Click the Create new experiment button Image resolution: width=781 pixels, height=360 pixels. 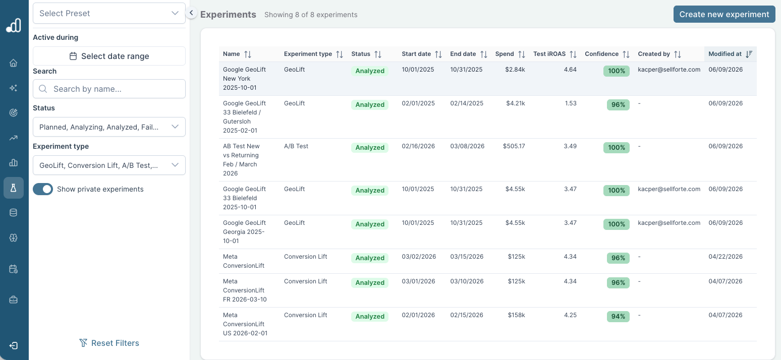coord(724,14)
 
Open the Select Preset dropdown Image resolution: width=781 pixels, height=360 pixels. coord(109,13)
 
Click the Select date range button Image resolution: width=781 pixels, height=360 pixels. coord(109,56)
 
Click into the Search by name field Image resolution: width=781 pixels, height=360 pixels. coord(109,89)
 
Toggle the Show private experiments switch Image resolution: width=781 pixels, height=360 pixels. coord(43,189)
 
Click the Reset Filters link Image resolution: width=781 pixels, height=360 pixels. coord(109,343)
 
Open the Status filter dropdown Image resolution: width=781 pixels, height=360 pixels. coord(109,127)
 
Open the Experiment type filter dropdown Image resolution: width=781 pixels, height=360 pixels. coord(109,165)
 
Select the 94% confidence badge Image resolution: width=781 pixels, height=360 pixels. coord(618,317)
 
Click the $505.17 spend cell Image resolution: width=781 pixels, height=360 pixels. coord(514,146)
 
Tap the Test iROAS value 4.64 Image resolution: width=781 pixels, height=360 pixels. coord(570,70)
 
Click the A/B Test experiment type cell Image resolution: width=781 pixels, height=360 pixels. coord(296,146)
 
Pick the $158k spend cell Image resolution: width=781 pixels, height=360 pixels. coord(516,315)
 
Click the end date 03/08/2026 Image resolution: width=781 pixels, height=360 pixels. coord(467,146)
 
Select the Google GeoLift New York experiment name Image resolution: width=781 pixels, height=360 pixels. coord(244,79)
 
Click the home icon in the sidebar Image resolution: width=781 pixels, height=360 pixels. coord(13,63)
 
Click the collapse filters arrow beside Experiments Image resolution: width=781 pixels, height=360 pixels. coord(191,13)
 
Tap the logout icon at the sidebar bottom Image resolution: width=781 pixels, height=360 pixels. coord(13,346)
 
